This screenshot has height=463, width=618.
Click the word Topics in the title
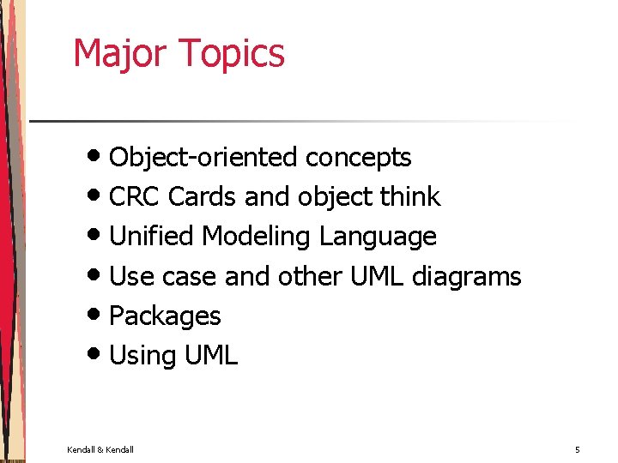coord(233,53)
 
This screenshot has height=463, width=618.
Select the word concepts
coord(358,158)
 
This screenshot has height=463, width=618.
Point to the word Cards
coord(202,197)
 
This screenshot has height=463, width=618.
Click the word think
coord(409,197)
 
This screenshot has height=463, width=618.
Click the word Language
coord(378,237)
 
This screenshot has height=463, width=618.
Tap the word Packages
coord(165,316)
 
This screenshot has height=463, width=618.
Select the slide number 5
coord(578,449)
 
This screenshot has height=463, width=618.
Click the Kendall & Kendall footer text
coord(100,449)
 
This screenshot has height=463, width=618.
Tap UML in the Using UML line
coord(211,356)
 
